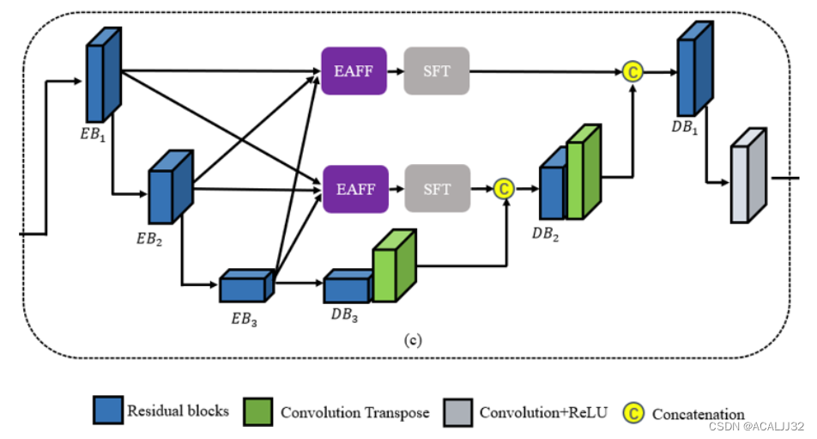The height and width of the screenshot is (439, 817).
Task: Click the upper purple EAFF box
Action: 354,70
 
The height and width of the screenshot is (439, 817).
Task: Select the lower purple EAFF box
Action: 354,188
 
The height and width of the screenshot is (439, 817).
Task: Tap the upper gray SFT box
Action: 436,70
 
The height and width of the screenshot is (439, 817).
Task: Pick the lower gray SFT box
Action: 436,188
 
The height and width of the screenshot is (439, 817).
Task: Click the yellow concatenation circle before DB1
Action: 632,71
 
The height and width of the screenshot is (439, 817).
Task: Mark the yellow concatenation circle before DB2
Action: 504,188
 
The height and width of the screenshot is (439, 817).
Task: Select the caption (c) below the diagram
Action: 412,338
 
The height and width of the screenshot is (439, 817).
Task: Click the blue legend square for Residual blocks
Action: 106,412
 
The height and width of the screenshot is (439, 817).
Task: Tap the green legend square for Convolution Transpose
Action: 259,412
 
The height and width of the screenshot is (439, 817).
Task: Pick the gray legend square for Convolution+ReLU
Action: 457,412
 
